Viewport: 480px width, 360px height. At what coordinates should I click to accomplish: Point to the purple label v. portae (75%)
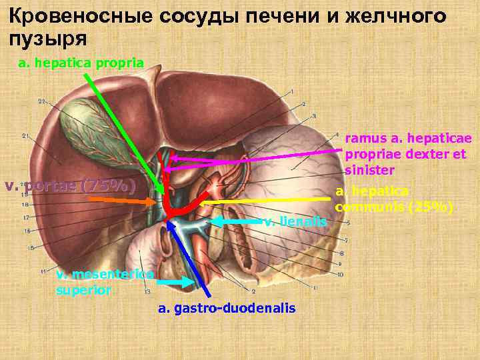tap(70, 185)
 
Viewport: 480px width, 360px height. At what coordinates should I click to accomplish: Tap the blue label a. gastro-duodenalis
tap(227, 309)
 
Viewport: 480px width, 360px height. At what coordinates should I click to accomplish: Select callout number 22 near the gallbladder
tap(41, 101)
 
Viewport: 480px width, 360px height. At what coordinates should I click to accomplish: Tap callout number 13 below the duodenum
tap(147, 291)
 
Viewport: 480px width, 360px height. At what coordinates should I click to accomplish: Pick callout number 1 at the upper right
tap(292, 92)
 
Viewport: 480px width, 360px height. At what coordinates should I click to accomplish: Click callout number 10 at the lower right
tap(339, 274)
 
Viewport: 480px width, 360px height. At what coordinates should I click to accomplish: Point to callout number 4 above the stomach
tap(337, 133)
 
